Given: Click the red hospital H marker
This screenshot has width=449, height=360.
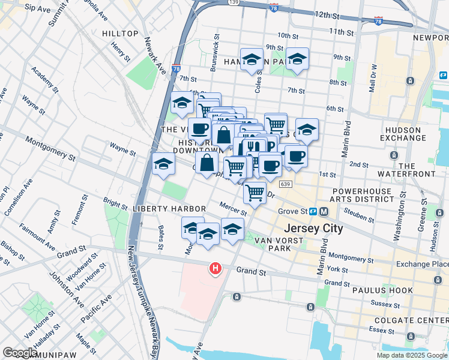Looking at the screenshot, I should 214,268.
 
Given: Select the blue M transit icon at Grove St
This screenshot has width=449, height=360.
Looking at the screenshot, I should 324,211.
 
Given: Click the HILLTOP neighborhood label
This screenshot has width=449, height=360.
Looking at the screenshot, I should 120,34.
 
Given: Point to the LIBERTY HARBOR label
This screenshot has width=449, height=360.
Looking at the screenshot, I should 170,208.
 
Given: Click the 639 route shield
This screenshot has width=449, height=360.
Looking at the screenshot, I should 285,184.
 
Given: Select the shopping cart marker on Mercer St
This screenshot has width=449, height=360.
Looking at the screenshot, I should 255,193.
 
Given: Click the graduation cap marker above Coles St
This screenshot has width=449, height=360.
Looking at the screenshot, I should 252,59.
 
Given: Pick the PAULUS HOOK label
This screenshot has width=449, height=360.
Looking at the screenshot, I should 388,290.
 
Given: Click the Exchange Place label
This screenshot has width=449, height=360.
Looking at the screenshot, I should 422,264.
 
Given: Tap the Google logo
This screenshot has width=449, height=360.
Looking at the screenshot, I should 20,353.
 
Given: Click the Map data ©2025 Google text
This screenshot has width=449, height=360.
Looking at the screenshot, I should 411,355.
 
